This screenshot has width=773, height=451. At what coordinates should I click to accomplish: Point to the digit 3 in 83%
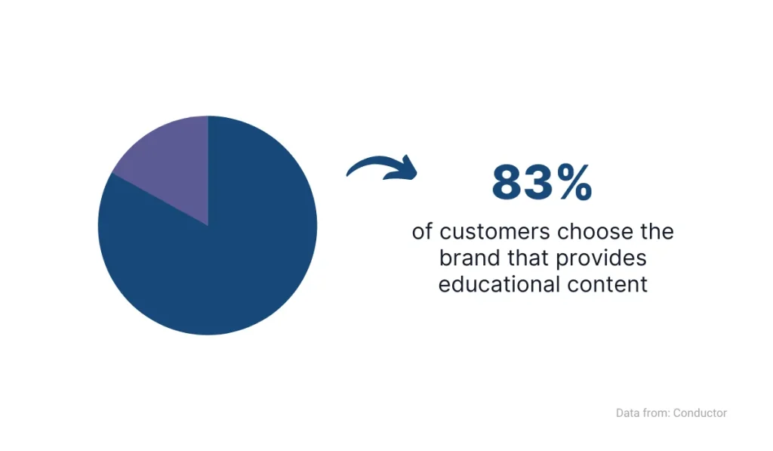point(541,183)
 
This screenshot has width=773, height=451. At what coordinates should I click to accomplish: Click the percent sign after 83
point(575,183)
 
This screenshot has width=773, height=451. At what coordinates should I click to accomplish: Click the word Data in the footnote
point(628,413)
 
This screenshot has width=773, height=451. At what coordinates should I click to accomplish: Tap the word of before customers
point(421,232)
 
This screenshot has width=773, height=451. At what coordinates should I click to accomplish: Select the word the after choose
point(654,232)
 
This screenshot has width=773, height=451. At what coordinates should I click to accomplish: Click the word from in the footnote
point(655,413)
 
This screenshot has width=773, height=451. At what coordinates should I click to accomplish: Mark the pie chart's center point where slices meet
point(208,225)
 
